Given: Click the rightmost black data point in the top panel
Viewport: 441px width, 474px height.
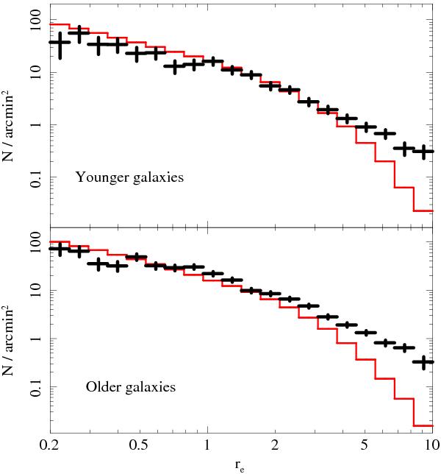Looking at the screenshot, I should coord(423,151).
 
